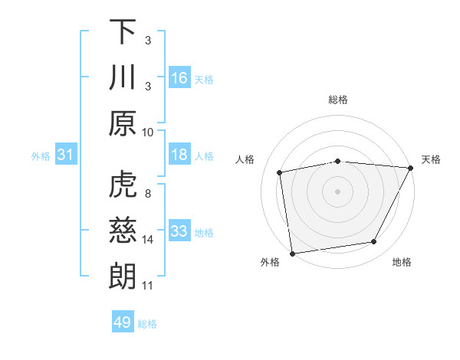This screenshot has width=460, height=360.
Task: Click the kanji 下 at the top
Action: coord(123,32)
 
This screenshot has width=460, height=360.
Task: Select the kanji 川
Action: coord(123,78)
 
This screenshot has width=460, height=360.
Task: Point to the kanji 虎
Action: coord(123,184)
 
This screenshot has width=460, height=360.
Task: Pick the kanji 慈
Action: coord(123,230)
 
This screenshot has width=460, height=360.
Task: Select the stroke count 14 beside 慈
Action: coord(148,240)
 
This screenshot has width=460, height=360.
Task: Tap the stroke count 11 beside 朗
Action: coord(148,286)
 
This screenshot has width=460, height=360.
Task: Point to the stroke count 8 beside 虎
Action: coord(148,194)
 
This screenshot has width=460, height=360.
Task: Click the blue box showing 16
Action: coord(179,77)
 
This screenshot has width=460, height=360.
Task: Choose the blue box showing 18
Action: coord(179,155)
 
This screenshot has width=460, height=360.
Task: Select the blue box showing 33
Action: coord(179,231)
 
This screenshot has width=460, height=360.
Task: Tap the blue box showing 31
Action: coord(66,155)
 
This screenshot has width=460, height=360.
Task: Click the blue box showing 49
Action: coord(123,322)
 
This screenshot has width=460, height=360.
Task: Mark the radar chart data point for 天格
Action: coord(410,168)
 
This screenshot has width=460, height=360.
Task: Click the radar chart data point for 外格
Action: coord(292,253)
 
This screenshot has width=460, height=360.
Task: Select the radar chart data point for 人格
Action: coord(280,172)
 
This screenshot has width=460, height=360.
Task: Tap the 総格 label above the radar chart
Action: coord(338,100)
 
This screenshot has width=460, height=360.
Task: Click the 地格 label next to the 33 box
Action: coord(205,232)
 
